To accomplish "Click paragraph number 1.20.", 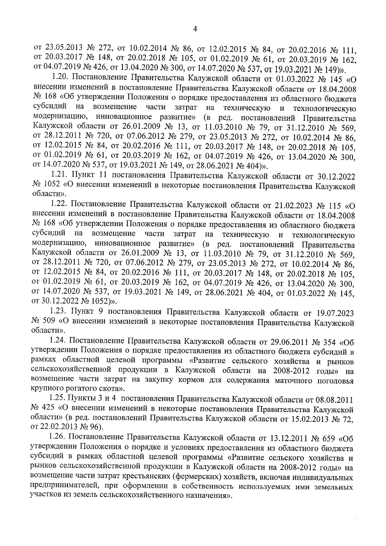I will pyautogui.click(x=60, y=78).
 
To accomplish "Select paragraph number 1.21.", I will pyautogui.click(x=59, y=176).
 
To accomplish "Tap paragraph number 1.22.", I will pyautogui.click(x=59, y=204).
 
